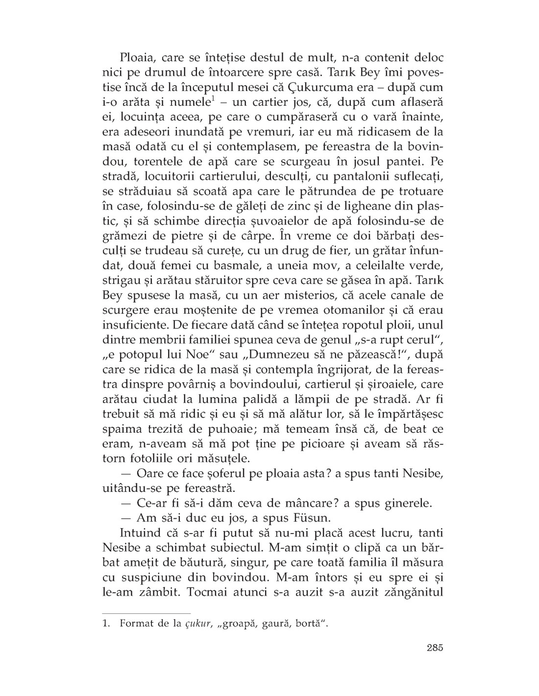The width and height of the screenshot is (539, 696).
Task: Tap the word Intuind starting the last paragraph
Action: coord(139,534)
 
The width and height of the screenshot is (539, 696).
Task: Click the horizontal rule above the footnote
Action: coord(146,613)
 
